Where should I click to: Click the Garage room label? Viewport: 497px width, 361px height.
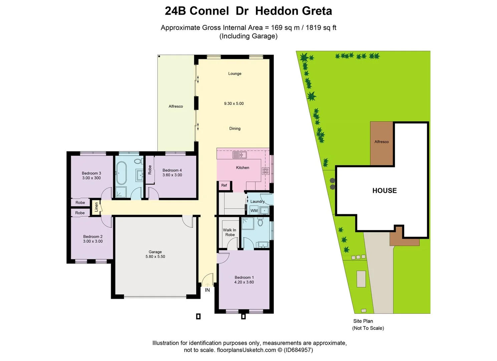155,252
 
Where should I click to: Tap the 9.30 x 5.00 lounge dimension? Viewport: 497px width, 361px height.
234,104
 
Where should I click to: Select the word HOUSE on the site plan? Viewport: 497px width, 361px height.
385,191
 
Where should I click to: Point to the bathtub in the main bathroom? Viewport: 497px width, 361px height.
121,173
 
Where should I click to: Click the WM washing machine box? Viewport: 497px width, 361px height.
254,211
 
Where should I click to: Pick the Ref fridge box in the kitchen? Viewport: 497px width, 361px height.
224,185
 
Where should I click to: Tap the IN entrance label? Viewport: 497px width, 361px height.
207,290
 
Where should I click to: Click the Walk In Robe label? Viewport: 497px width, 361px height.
230,232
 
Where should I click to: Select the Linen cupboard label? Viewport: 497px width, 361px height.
96,207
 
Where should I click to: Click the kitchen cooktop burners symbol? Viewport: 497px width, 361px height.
265,171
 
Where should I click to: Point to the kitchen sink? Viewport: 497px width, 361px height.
239,155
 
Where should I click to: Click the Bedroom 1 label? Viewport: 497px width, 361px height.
244,277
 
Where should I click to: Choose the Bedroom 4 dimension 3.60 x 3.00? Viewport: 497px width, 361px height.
172,175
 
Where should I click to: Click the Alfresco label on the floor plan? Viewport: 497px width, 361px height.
176,106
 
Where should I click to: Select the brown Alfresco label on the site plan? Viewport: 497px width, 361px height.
382,142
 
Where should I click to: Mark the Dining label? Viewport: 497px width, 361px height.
235,128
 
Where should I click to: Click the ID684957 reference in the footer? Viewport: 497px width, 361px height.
298,350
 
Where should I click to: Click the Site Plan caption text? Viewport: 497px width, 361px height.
363,321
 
